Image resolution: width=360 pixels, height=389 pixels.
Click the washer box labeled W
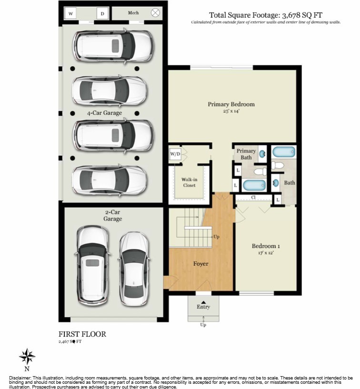click(70, 13)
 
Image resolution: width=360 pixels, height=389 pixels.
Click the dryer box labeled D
click(102, 13)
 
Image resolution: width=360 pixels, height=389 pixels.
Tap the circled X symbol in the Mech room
click(155, 13)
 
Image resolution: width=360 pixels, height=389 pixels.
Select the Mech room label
click(133, 13)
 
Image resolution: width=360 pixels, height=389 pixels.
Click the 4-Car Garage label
click(104, 113)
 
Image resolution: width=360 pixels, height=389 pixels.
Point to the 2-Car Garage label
click(113, 216)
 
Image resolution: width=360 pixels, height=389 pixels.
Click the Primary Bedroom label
click(231, 104)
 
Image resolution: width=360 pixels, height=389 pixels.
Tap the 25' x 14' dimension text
click(231, 111)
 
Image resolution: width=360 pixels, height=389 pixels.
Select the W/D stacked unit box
click(175, 154)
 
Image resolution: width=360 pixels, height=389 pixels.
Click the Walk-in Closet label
click(189, 182)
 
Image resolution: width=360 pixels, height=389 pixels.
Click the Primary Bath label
click(246, 154)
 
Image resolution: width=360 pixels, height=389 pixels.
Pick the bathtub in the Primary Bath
click(252, 185)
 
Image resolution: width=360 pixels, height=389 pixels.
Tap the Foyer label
click(200, 263)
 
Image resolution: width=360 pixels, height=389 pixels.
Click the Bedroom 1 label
click(266, 246)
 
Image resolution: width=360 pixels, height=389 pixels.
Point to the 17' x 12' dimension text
click(266, 253)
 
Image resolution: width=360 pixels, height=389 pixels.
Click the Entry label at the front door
click(203, 307)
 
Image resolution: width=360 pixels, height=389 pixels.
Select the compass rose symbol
click(27, 356)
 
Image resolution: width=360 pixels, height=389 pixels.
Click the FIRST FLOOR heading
click(82, 334)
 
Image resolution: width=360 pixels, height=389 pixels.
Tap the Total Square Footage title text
click(265, 15)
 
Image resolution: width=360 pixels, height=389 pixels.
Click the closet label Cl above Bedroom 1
click(254, 197)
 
